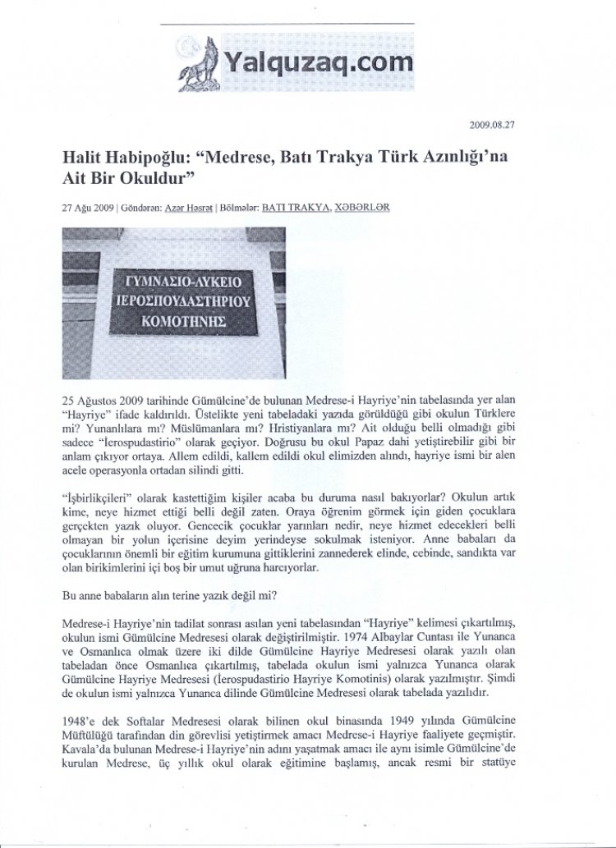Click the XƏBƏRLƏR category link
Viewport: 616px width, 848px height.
pyautogui.click(x=363, y=208)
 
